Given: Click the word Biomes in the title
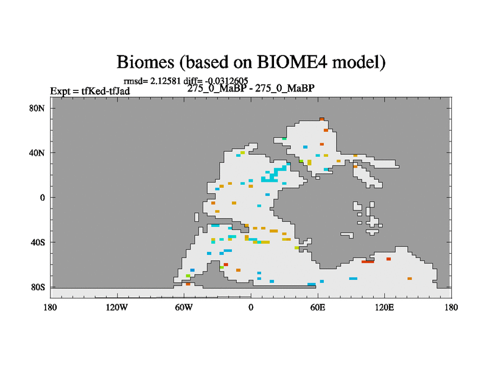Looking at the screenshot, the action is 145,62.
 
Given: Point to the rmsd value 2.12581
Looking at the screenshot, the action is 165,81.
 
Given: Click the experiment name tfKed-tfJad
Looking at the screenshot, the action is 105,91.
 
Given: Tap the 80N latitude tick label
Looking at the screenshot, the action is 37,108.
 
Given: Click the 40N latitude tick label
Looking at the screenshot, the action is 37,153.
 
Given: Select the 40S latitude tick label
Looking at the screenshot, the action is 38,242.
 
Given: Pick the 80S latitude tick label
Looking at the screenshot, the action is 38,287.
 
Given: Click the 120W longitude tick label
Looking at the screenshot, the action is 117,307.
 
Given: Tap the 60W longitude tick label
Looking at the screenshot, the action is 184,307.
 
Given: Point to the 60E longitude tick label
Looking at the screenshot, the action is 318,307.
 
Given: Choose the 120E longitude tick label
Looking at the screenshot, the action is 385,307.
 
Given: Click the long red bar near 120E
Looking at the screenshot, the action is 368,262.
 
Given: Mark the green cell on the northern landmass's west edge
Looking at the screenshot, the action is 284,138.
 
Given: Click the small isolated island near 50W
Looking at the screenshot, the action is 196,217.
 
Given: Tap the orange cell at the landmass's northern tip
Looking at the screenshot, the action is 322,119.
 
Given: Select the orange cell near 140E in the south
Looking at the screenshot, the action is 410,279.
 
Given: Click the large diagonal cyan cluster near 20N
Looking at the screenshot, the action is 274,174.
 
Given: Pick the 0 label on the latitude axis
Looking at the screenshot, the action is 42,198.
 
